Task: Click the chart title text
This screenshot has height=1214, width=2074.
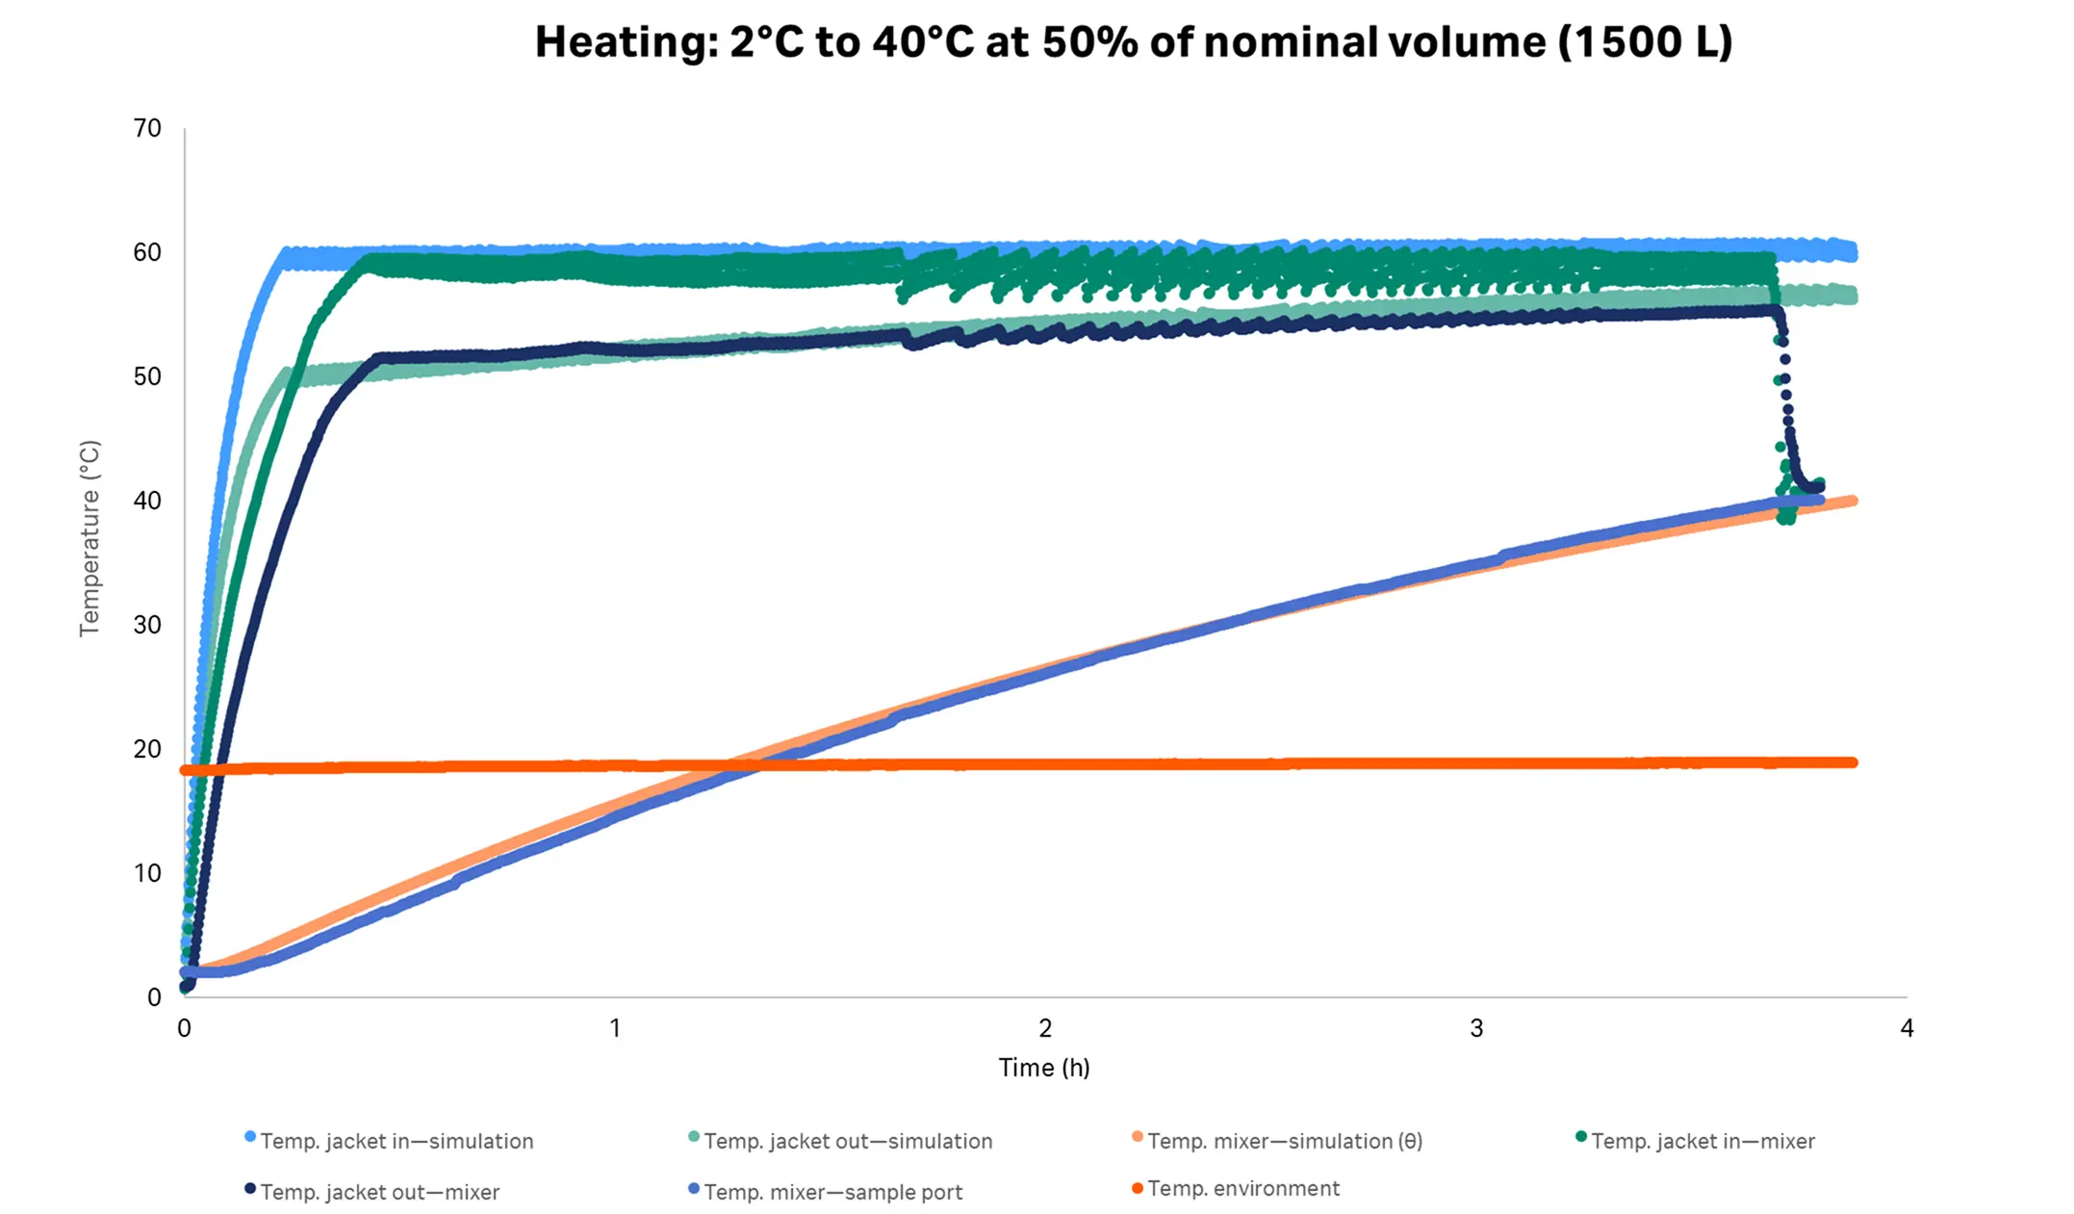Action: pyautogui.click(x=1133, y=42)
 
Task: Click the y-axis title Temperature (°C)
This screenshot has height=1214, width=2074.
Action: pyautogui.click(x=90, y=538)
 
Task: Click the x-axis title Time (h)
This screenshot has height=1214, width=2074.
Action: pyautogui.click(x=1043, y=1068)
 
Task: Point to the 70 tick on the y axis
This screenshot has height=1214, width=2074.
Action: pyautogui.click(x=147, y=128)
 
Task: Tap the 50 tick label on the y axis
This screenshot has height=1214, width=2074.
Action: pyautogui.click(x=147, y=376)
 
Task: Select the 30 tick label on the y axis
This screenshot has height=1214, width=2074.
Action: pyautogui.click(x=147, y=625)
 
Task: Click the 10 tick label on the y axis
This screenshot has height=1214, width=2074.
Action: pyautogui.click(x=147, y=873)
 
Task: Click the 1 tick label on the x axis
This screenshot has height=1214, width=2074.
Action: pyautogui.click(x=615, y=1028)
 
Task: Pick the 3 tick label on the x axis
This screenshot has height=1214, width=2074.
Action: pyautogui.click(x=1476, y=1028)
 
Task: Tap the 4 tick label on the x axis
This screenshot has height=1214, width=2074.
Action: pyautogui.click(x=1907, y=1028)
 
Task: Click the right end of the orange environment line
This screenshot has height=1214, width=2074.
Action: pyautogui.click(x=1852, y=762)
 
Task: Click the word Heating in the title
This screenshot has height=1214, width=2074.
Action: pyautogui.click(x=626, y=42)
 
